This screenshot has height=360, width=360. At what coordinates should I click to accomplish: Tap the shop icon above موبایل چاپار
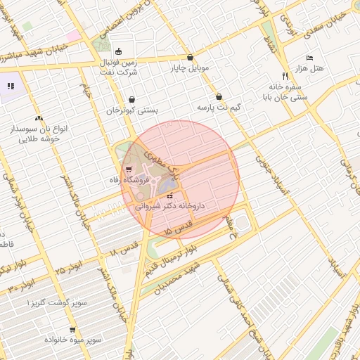pos(191,58)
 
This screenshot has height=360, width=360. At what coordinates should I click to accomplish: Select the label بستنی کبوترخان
pos(132,110)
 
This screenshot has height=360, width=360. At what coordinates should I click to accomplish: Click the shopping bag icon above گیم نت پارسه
pos(219,97)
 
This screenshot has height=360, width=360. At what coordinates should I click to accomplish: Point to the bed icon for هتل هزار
pos(309,58)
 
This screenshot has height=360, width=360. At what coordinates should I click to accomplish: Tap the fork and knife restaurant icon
pos(285,76)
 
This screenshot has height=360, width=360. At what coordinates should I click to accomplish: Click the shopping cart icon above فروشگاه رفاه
pos(128,169)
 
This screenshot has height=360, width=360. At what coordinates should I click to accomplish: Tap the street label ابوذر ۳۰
pos(23,285)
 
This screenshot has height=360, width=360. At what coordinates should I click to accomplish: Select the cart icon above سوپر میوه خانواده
pos(72,329)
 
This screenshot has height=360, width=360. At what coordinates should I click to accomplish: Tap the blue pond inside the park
pos(167,185)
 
